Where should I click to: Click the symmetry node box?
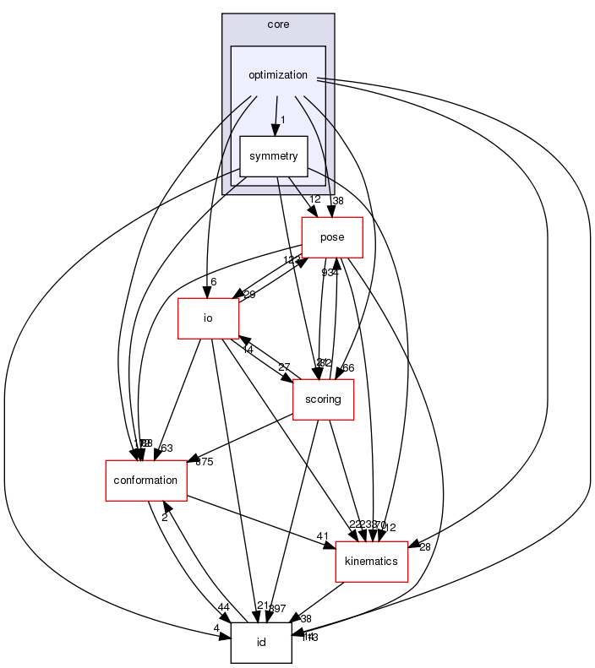272,156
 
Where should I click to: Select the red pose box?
332,237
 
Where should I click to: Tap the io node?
208,318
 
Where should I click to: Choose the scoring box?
322,399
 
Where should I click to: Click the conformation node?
145,481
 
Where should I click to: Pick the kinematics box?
372,562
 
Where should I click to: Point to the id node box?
261,643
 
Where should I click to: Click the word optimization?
277,75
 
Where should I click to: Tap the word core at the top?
278,24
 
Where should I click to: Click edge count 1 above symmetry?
282,120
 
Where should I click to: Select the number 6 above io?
215,282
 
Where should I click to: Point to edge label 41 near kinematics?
322,536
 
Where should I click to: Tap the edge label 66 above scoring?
347,368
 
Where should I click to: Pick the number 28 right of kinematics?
424,547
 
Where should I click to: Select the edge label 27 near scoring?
284,367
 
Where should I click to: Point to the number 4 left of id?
217,628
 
